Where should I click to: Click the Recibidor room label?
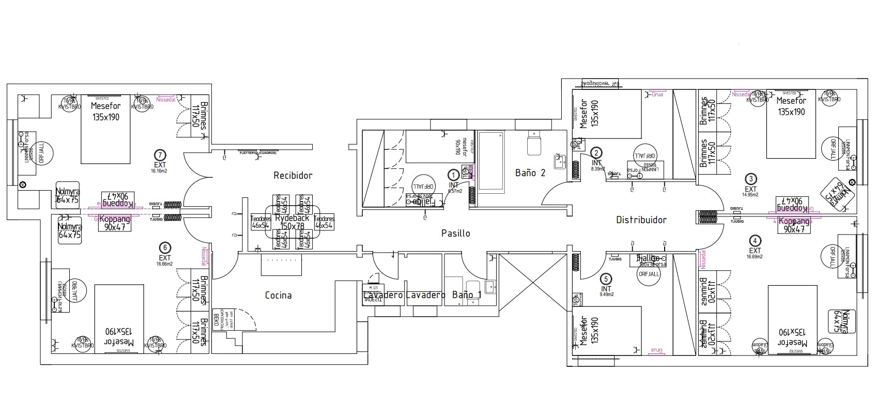(x=293, y=176)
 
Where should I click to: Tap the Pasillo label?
(x=455, y=234)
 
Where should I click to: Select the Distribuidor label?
(x=641, y=220)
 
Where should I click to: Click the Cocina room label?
(x=278, y=296)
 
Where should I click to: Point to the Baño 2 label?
(x=530, y=173)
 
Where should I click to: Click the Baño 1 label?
(x=467, y=295)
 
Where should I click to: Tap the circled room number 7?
(x=160, y=154)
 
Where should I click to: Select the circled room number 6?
(x=164, y=247)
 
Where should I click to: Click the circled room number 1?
(x=453, y=175)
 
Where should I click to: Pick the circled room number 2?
(x=596, y=153)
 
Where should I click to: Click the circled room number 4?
(x=755, y=241)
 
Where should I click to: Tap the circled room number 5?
(x=606, y=279)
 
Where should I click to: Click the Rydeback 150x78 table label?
(x=293, y=222)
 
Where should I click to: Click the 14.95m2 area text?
(x=750, y=195)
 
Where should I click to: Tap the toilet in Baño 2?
(x=533, y=143)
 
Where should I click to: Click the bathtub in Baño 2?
(x=491, y=162)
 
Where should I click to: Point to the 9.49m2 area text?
(x=606, y=294)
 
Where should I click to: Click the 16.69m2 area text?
(x=755, y=256)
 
